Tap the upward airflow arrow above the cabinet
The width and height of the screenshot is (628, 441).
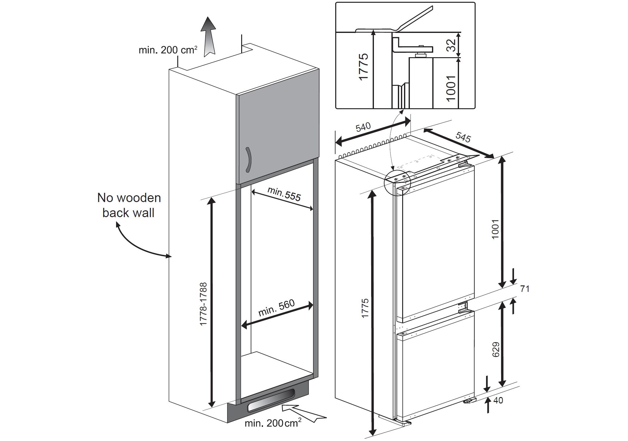(x=208, y=37)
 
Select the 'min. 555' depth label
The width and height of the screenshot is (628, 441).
(x=284, y=194)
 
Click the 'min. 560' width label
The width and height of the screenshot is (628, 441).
(x=276, y=308)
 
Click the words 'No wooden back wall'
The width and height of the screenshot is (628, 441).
(x=129, y=205)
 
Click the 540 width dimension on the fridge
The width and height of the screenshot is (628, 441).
(x=363, y=127)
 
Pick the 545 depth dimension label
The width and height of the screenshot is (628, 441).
(x=463, y=137)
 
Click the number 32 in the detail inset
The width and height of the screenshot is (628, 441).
(x=451, y=46)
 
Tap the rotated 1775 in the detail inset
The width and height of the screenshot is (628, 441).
(x=364, y=67)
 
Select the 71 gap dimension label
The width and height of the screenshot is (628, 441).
(x=525, y=289)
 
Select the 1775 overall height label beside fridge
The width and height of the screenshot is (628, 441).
(x=365, y=308)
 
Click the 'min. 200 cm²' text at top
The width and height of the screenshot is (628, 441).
(x=167, y=50)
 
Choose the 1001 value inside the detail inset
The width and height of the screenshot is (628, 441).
(x=451, y=88)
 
